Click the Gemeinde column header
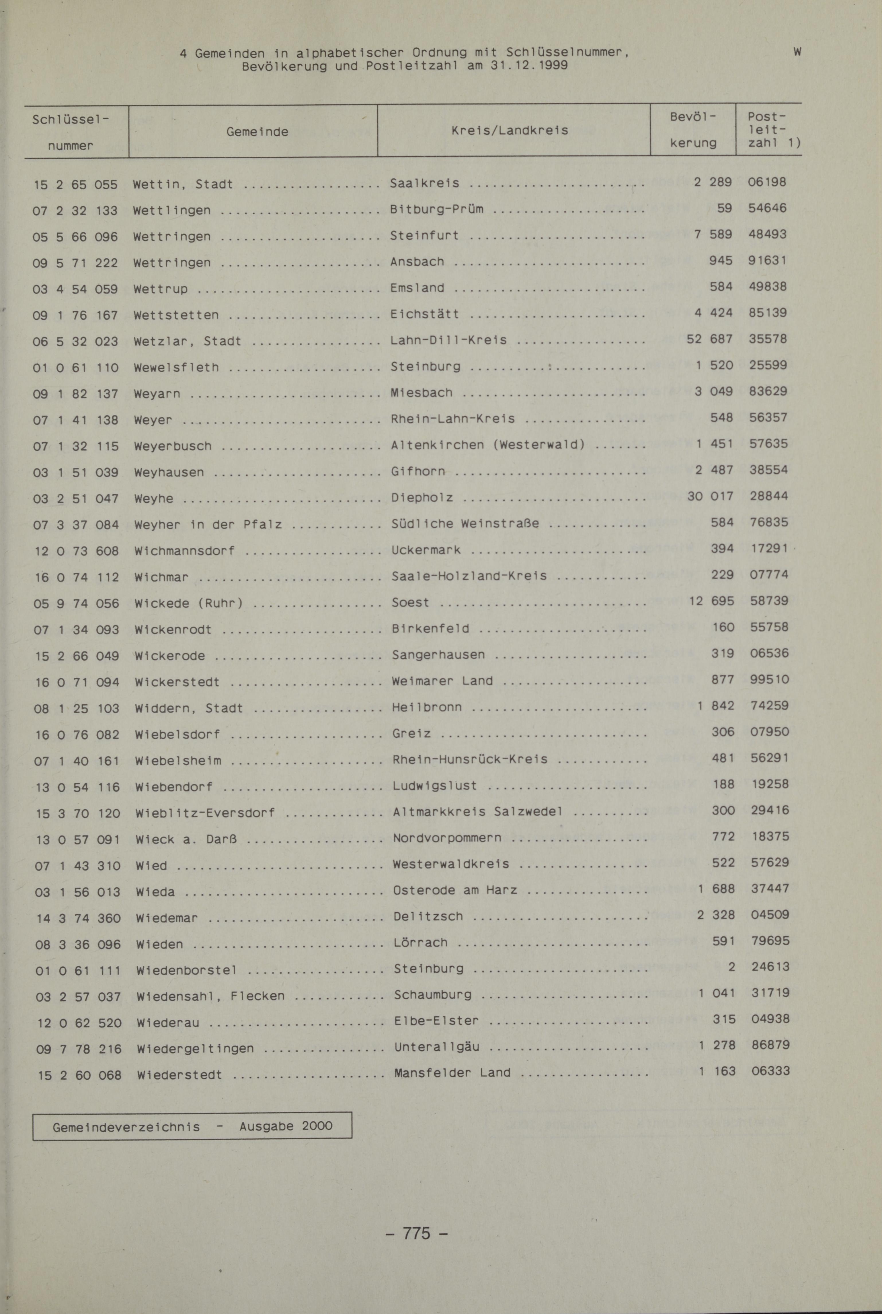point(257,132)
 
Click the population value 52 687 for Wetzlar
point(709,339)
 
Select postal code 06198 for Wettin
point(767,182)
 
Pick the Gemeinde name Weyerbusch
point(173,446)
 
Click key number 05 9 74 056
point(76,603)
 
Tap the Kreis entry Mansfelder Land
point(452,1073)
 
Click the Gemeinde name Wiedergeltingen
point(195,1048)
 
